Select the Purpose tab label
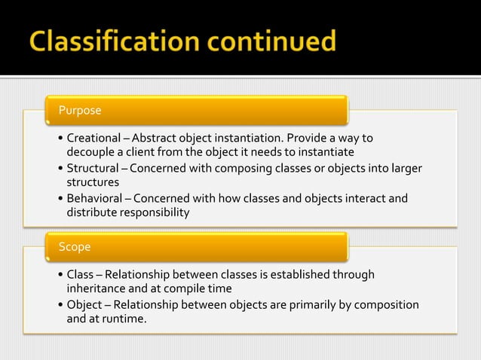80,111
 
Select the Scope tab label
75,247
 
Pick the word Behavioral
93,198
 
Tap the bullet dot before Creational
60,139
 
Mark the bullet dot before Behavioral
60,199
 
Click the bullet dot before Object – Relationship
60,305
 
